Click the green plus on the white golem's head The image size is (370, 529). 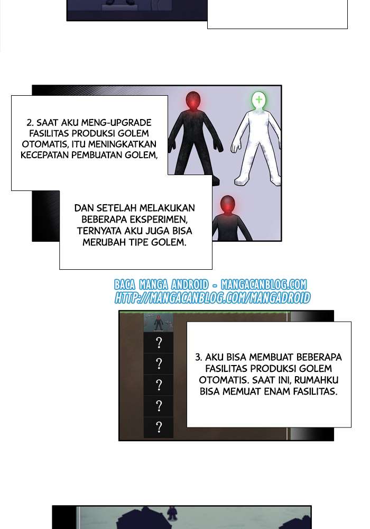click(x=258, y=99)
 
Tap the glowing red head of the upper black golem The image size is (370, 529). click(x=192, y=101)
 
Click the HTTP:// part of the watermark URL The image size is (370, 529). click(x=130, y=298)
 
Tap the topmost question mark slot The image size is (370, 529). click(x=159, y=343)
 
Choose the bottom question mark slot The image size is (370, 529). click(x=159, y=427)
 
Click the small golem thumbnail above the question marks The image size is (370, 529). click(x=159, y=322)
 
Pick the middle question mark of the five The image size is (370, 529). click(x=159, y=385)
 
